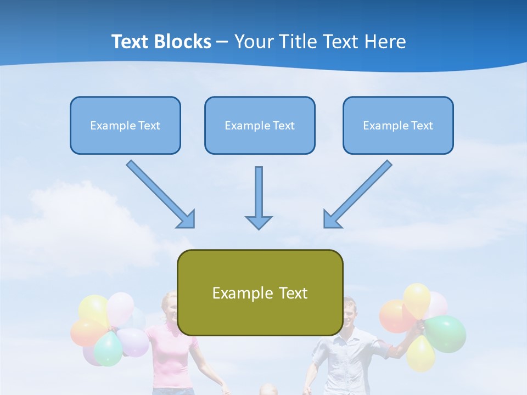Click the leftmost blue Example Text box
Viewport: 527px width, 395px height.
pyautogui.click(x=125, y=126)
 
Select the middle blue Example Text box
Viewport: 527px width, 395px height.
pyautogui.click(x=260, y=126)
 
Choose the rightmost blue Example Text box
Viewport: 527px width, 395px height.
pyautogui.click(x=398, y=126)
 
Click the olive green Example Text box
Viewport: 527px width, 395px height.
pyautogui.click(x=260, y=293)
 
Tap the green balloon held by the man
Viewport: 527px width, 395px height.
pyautogui.click(x=446, y=333)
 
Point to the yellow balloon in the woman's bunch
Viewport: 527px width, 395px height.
pyautogui.click(x=93, y=309)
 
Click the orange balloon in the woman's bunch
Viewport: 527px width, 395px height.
pyautogui.click(x=86, y=332)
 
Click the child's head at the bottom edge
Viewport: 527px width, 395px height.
pyautogui.click(x=268, y=390)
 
